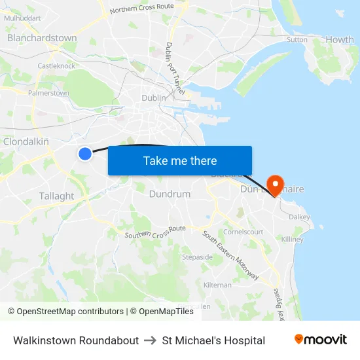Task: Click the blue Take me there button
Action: pos(180,160)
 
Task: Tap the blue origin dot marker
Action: pos(85,153)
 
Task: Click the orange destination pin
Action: pos(276,185)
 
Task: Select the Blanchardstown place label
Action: pos(42,38)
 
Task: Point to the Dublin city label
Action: pos(154,98)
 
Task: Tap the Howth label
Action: pos(339,40)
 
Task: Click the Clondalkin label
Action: pos(26,141)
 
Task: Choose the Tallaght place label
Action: pos(57,196)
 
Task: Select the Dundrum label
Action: pos(170,194)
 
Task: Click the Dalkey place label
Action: pos(299,216)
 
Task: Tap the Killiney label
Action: pos(292,240)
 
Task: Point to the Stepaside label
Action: pos(197,257)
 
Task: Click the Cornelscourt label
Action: pos(243,232)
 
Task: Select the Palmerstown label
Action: pos(48,93)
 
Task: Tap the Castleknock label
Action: pos(56,66)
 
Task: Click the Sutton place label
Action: pos(297,39)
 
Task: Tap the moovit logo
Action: pos(320,340)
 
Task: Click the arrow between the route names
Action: pos(151,340)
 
